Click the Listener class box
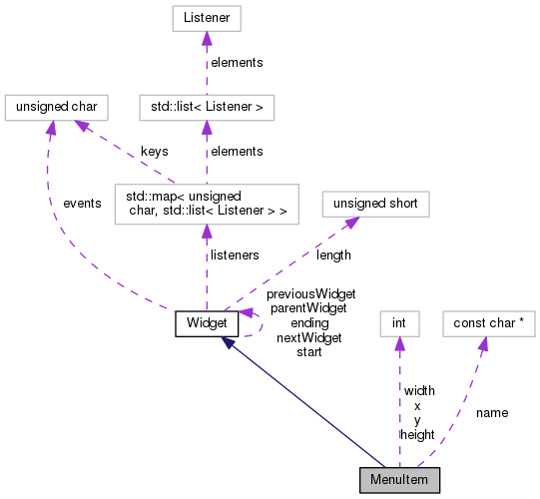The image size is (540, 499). [x=206, y=19]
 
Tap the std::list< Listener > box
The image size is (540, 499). [x=206, y=106]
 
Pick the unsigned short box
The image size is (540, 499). [x=373, y=203]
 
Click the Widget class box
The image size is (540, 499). [x=206, y=322]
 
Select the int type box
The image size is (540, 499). [x=398, y=322]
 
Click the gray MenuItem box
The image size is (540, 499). [x=399, y=479]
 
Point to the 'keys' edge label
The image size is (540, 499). [x=154, y=152]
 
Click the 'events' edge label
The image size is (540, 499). [x=82, y=204]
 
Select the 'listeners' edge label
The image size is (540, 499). [x=234, y=255]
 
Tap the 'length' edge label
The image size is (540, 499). [x=333, y=255]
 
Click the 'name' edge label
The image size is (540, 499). [x=492, y=412]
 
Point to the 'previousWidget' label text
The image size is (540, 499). [x=310, y=294]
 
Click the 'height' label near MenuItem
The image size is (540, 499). [x=416, y=435]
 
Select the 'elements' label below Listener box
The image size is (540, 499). [x=238, y=62]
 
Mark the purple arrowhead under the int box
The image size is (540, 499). [x=398, y=343]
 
